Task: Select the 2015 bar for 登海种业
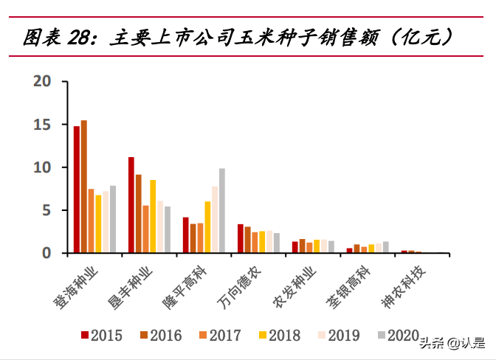click(77, 190)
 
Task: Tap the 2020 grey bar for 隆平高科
click(221, 211)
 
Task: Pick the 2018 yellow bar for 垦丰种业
click(153, 216)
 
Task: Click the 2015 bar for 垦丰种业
click(131, 205)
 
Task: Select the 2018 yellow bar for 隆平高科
click(207, 227)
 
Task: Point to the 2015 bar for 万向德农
click(241, 238)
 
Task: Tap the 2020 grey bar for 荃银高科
click(385, 247)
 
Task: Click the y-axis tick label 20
click(42, 82)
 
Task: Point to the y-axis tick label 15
click(42, 125)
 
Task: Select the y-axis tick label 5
click(46, 210)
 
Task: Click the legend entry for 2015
click(100, 336)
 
